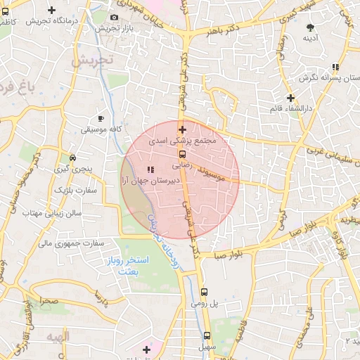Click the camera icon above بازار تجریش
(x=115, y=17)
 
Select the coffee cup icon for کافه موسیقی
(x=101, y=118)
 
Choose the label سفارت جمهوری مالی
(x=70, y=243)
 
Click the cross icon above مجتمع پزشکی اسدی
(x=182, y=129)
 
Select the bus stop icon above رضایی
(x=182, y=155)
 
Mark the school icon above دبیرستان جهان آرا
(x=150, y=169)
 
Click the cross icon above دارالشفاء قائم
(x=290, y=98)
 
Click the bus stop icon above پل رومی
(x=204, y=292)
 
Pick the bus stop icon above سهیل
(x=207, y=335)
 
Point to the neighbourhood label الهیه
(x=58, y=337)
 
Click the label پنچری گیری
(x=73, y=170)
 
